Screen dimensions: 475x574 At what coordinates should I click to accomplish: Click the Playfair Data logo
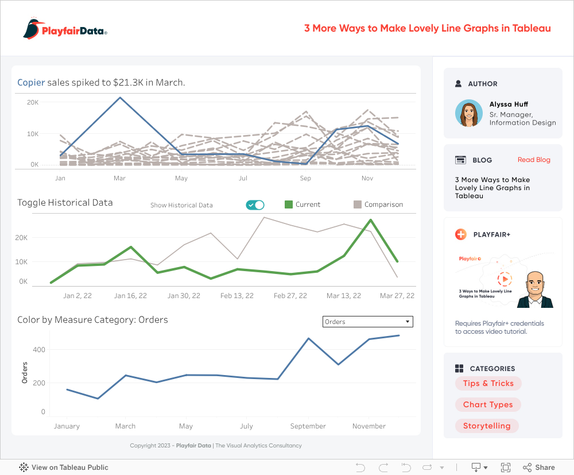(x=65, y=29)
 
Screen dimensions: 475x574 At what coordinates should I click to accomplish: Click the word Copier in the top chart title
(x=31, y=83)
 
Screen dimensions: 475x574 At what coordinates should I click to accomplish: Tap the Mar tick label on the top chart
(x=119, y=178)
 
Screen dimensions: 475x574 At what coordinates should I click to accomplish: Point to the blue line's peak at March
(x=120, y=98)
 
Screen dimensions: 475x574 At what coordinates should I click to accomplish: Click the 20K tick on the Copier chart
(x=33, y=102)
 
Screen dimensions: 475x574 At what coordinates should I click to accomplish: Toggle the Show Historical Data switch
(x=255, y=205)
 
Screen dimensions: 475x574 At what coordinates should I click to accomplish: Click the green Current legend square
(x=289, y=204)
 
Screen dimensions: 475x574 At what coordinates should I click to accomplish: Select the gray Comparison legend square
(x=358, y=204)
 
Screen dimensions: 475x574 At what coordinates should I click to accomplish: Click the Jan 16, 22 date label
(x=130, y=296)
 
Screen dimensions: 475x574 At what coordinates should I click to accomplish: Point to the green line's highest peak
(x=371, y=220)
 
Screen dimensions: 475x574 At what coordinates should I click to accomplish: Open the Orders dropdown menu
(x=368, y=322)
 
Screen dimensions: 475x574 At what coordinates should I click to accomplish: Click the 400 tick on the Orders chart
(x=38, y=349)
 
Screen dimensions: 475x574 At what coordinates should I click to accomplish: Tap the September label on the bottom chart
(x=308, y=426)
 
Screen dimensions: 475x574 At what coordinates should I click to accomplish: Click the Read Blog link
(x=534, y=160)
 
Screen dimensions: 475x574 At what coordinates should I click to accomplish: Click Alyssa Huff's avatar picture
(x=469, y=113)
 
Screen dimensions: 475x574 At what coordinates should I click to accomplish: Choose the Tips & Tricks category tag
(x=488, y=383)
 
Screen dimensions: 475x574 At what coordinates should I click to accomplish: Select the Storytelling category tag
(x=487, y=426)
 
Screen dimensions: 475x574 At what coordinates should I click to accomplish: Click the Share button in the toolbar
(x=539, y=468)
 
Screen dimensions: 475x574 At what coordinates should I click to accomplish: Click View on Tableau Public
(x=64, y=468)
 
